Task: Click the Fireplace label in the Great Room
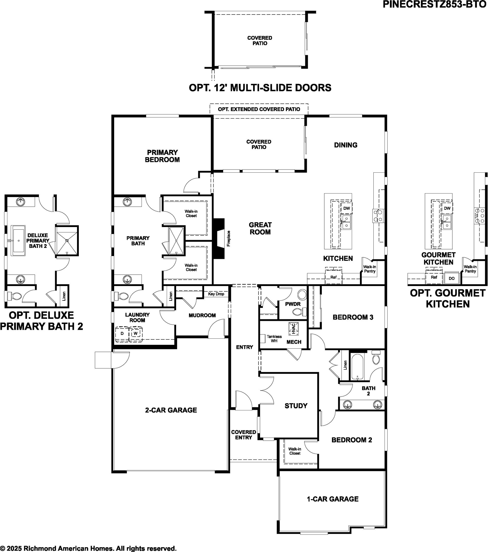click(228, 238)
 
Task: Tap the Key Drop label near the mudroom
click(216, 294)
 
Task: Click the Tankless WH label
click(274, 339)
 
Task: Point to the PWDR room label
click(293, 304)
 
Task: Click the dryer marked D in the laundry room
click(122, 334)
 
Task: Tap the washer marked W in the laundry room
click(136, 334)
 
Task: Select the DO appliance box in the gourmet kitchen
click(452, 278)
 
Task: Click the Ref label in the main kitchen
click(334, 277)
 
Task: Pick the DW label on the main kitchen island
click(347, 208)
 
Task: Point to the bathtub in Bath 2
click(357, 367)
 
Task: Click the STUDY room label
click(296, 406)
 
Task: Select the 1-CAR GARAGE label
click(332, 499)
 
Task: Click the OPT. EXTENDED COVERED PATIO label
click(259, 109)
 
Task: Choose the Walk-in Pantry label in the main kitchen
click(370, 269)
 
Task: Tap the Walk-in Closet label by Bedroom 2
click(295, 451)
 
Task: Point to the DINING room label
click(345, 145)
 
